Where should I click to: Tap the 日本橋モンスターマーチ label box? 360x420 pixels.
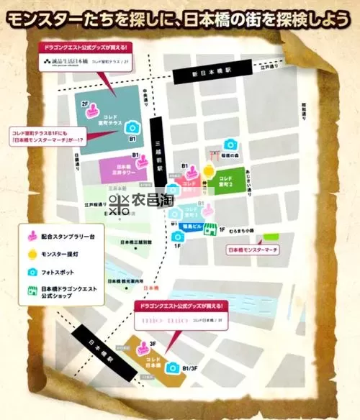[x=253, y=250]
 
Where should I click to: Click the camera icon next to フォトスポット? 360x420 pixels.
[x=32, y=273]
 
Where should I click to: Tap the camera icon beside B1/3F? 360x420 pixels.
[x=173, y=367]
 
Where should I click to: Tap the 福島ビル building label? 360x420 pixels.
[x=190, y=225]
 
